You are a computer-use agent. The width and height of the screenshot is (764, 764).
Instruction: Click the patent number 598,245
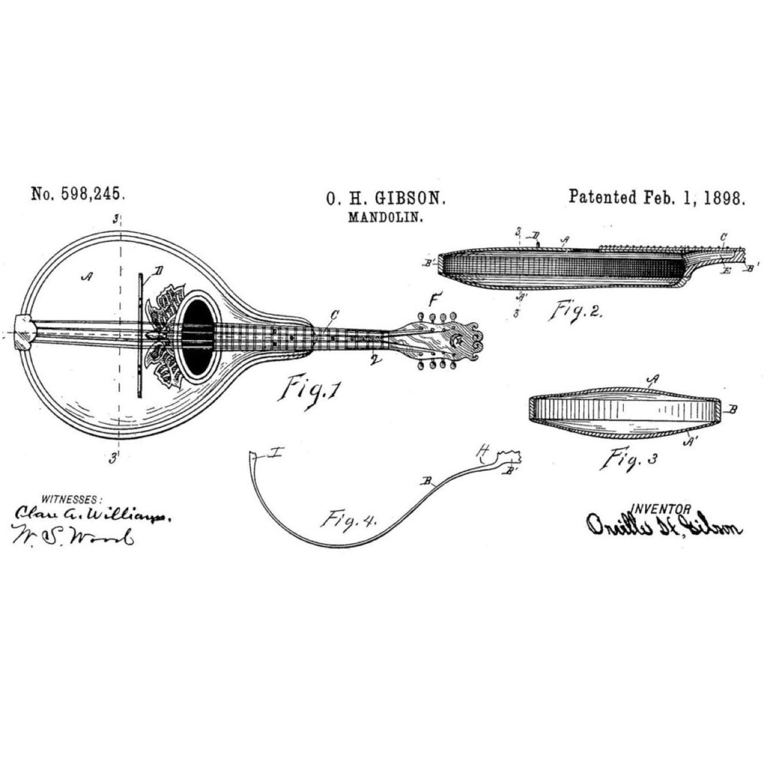coord(93,194)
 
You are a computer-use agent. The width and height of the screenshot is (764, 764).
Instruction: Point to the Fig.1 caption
coord(311,391)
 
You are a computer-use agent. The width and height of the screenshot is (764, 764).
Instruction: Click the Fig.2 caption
coord(576,311)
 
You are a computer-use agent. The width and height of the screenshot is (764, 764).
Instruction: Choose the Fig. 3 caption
coord(629,460)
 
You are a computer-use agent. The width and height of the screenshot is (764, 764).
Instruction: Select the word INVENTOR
coord(661,509)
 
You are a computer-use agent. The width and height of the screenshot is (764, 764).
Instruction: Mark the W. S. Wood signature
coord(72,535)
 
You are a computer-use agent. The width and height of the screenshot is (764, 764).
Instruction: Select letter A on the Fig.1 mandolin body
coord(88,276)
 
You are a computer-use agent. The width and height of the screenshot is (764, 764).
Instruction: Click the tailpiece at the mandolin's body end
coord(25,333)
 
